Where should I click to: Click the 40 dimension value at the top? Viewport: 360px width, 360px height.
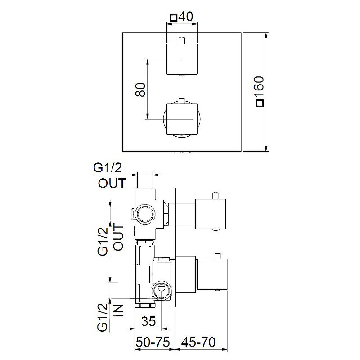pyautogui.click(x=185, y=17)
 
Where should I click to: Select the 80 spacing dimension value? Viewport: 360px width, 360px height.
pyautogui.click(x=140, y=90)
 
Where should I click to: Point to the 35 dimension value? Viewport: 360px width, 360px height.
pyautogui.click(x=148, y=321)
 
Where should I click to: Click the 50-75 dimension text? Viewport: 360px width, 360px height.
pyautogui.click(x=153, y=342)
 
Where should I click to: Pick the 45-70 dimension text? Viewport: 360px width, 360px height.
pyautogui.click(x=198, y=342)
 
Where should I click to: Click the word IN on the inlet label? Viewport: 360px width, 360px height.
pyautogui.click(x=119, y=310)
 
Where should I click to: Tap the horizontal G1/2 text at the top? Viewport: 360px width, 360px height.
pyautogui.click(x=108, y=168)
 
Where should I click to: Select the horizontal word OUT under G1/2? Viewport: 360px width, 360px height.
pyautogui.click(x=112, y=183)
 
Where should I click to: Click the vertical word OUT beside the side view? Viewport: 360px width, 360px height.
pyautogui.click(x=119, y=238)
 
